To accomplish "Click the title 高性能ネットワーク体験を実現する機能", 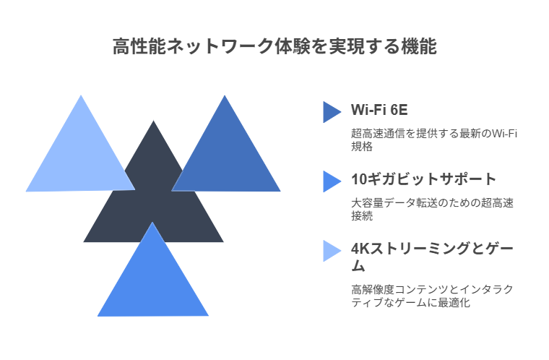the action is [x=274, y=46].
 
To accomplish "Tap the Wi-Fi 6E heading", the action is [x=379, y=110].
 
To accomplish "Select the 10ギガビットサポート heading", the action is [x=423, y=179].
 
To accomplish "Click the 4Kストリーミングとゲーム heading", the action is [x=432, y=257].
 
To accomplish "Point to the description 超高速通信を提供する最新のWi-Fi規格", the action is [x=434, y=140].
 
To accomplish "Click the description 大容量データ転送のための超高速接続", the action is [x=433, y=209].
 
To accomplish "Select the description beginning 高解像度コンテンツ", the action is [x=432, y=296].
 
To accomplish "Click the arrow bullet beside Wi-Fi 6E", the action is [x=332, y=112].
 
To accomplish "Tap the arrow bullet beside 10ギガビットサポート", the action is [x=332, y=181].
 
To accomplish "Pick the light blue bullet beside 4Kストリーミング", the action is [x=332, y=251].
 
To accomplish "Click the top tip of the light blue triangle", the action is [x=81, y=95].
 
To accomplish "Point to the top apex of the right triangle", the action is [x=225, y=95].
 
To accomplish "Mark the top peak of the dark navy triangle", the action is [x=153, y=121].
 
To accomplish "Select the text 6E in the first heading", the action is [x=399, y=110].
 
